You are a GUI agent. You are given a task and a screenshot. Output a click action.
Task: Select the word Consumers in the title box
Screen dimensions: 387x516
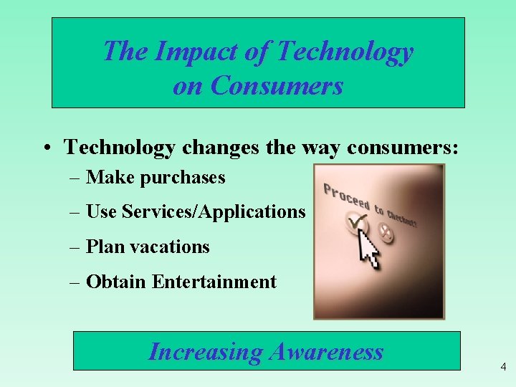(278, 85)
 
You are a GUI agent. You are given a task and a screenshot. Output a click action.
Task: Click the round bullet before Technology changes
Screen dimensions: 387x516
(46, 148)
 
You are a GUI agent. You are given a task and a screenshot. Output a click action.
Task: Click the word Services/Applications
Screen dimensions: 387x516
(214, 211)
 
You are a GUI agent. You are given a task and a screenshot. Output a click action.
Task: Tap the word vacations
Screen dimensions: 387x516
(174, 247)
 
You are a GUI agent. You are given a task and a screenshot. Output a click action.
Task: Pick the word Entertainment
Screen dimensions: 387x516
(214, 282)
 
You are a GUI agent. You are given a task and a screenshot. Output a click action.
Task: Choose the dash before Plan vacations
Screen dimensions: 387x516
(75, 247)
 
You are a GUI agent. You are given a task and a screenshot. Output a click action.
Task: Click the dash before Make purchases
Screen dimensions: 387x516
(75, 178)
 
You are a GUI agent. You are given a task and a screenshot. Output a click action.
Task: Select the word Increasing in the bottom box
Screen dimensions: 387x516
(206, 351)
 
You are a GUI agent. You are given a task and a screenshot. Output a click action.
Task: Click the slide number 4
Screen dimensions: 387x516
(503, 367)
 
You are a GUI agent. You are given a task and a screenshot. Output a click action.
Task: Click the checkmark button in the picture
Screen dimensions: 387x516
(355, 223)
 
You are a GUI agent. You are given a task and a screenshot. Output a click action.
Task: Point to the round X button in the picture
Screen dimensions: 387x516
(386, 230)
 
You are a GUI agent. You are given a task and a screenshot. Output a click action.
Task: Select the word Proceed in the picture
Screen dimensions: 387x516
(345, 196)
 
